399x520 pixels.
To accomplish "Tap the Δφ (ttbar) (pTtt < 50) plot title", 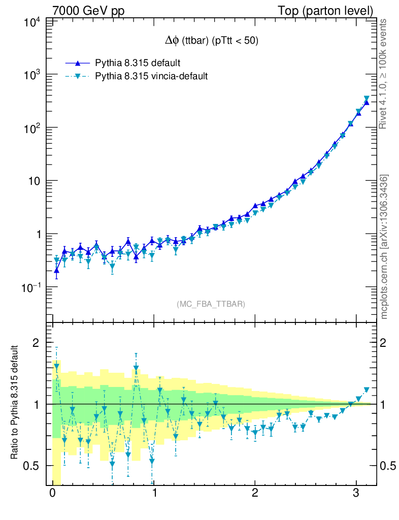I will coord(209,42).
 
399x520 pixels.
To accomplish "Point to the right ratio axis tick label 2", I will coord(387,343).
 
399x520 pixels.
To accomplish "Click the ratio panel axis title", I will coord(16,404).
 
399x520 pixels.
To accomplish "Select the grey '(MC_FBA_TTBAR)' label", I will coord(211,304).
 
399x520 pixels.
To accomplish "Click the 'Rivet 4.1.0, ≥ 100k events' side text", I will coord(384,74).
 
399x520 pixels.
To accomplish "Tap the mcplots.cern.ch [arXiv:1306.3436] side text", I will coord(384,246).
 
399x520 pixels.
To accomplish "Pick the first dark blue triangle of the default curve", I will coord(56,270).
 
